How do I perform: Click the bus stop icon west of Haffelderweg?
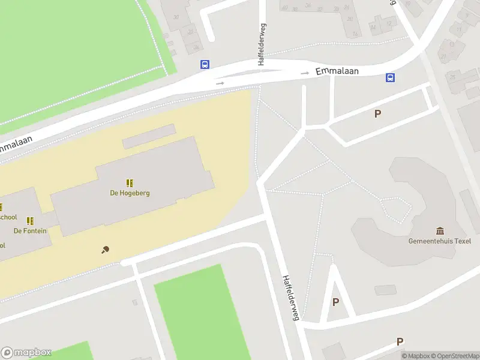coord(205,65)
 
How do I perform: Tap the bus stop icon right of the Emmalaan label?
coord(390,77)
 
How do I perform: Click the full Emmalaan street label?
coord(338,71)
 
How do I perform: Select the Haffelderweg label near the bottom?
coord(291,298)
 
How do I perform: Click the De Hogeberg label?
coord(130,193)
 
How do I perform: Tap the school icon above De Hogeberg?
coord(130,182)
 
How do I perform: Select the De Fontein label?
coord(30,231)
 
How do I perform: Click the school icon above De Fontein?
coord(30,221)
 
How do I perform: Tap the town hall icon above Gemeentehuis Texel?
coord(441,231)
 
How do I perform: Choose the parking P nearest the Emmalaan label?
coord(377,113)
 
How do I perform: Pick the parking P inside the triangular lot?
coord(335,302)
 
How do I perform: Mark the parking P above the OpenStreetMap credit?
coord(400,341)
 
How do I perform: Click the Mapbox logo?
coord(26,352)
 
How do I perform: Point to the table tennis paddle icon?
coord(106,250)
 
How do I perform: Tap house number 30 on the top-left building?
coord(176,17)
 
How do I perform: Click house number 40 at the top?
coord(284,8)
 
